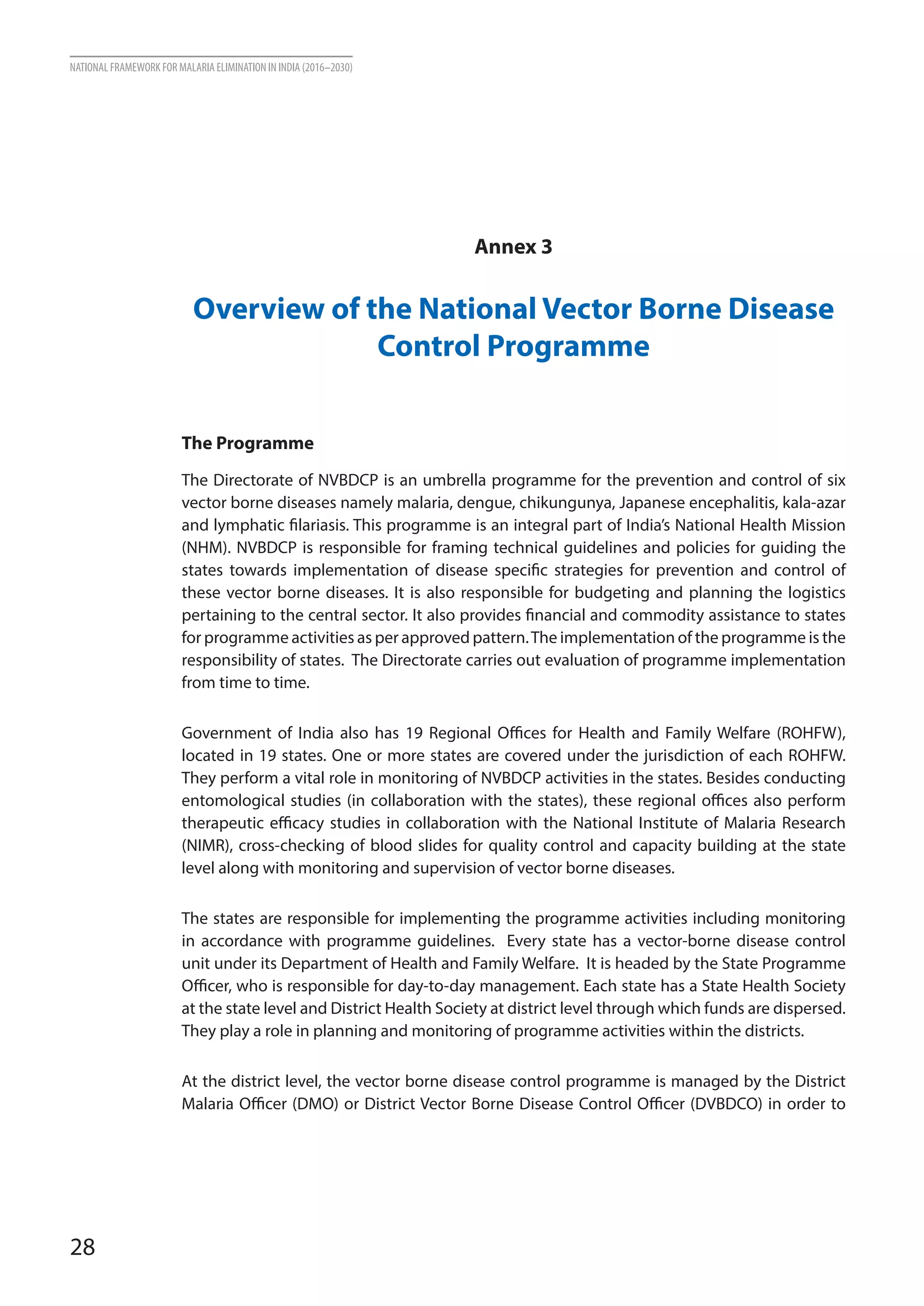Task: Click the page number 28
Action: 83,1247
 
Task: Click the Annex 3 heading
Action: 513,247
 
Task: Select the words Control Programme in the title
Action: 513,346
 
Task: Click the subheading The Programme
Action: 248,443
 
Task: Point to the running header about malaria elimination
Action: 211,68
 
